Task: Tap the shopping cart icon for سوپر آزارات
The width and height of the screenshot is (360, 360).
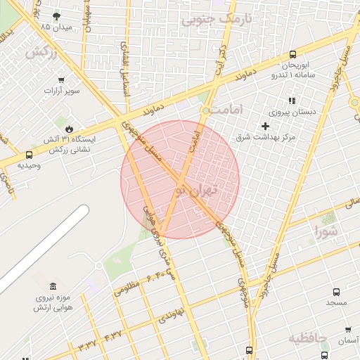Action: point(62,80)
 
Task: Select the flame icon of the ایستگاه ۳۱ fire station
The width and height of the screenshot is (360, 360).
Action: point(69,128)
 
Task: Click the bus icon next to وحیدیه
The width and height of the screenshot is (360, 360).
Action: point(29,155)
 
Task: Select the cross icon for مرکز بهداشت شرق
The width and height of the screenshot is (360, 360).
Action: point(264,125)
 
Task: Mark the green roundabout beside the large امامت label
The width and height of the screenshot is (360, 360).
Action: point(206,110)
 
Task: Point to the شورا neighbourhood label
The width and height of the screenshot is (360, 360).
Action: point(327,231)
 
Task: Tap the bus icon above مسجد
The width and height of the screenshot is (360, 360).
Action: point(336,291)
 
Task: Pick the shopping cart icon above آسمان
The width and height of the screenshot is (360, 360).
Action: point(347,329)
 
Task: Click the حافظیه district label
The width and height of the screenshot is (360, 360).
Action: point(308,340)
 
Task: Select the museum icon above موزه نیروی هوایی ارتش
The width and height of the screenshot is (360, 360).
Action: point(53,285)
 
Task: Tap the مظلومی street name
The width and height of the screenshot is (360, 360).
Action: point(125,288)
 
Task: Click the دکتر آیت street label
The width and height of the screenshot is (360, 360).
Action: point(220,49)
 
